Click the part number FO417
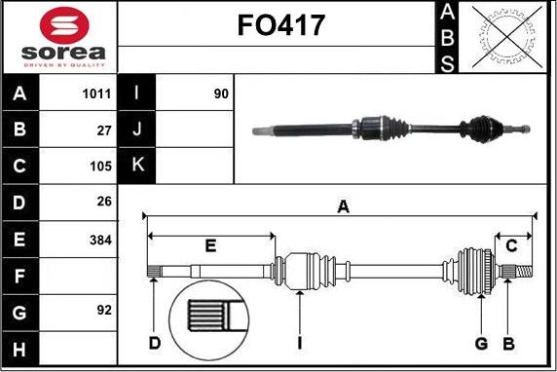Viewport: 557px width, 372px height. [x=280, y=25]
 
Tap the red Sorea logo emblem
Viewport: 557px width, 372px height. [x=64, y=25]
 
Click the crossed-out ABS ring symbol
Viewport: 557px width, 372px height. [x=507, y=37]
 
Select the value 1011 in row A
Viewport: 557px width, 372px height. [x=96, y=93]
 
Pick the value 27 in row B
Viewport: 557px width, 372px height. [x=104, y=130]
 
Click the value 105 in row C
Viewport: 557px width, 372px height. [x=100, y=167]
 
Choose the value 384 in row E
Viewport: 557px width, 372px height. [x=100, y=241]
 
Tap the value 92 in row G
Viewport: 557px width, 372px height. [x=104, y=311]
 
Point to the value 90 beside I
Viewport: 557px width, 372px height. [x=221, y=93]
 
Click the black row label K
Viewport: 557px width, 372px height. [x=137, y=165]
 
